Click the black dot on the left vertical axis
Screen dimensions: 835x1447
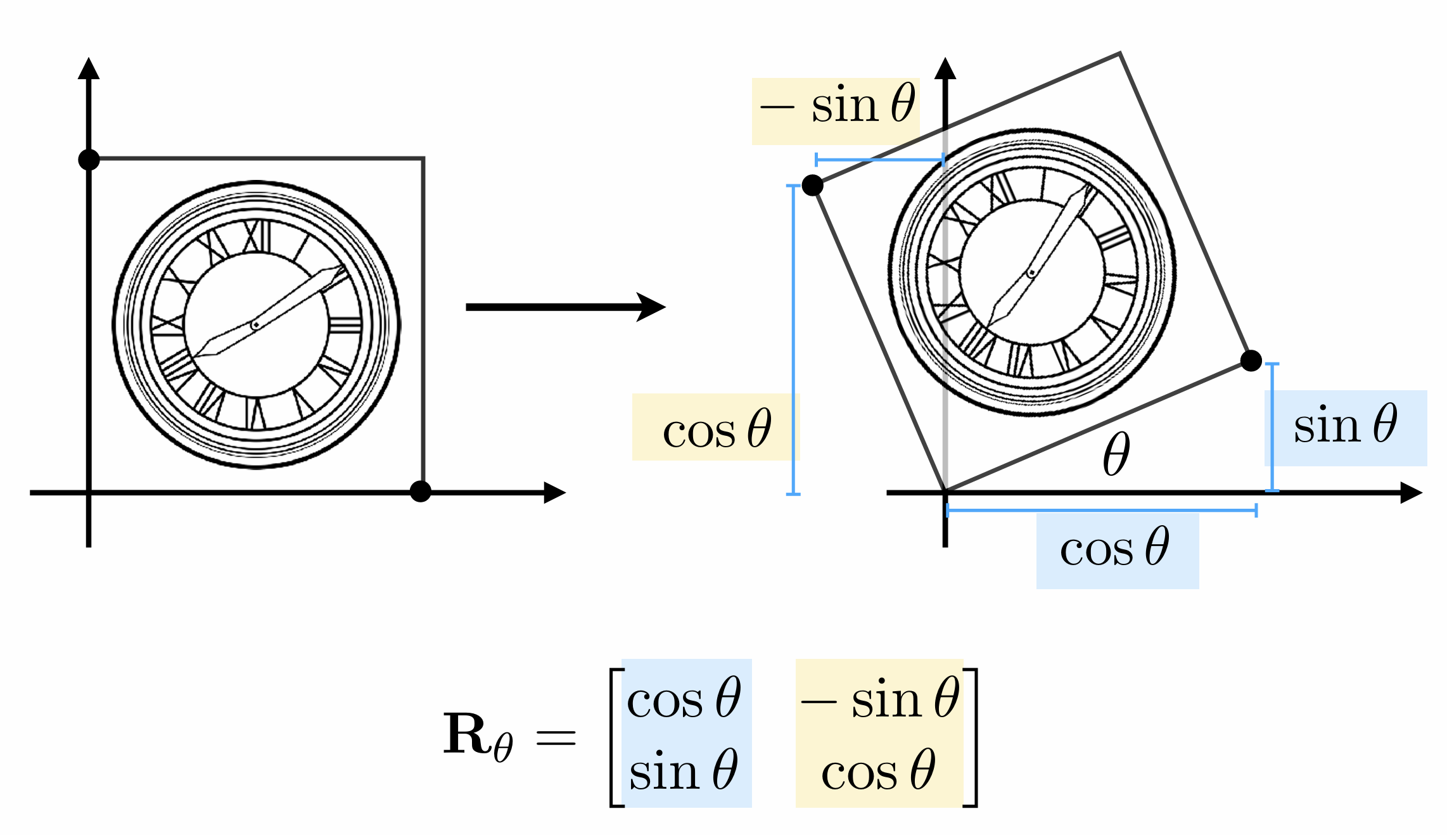coord(89,160)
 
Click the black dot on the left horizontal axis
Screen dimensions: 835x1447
coord(420,491)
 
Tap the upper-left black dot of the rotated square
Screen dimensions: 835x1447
coord(812,186)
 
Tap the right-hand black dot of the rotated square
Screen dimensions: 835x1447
coord(1251,360)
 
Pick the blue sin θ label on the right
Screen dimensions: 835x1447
coord(1345,425)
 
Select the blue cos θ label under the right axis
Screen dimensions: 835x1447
coord(1115,549)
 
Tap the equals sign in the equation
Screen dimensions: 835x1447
coord(556,737)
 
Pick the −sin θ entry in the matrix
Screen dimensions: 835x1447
coord(880,699)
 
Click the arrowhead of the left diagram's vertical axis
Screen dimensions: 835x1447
coord(89,68)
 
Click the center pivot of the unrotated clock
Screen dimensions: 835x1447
coord(255,325)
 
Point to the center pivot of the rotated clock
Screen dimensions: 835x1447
coord(1031,273)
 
